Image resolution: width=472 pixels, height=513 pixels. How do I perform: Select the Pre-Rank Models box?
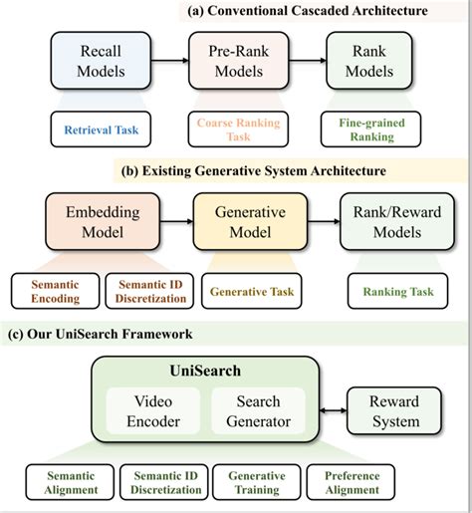click(234, 61)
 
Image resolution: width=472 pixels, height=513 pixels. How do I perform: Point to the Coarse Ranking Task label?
click(234, 128)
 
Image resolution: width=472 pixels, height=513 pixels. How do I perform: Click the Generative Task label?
click(251, 290)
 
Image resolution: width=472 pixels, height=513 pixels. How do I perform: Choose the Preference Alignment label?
click(353, 483)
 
